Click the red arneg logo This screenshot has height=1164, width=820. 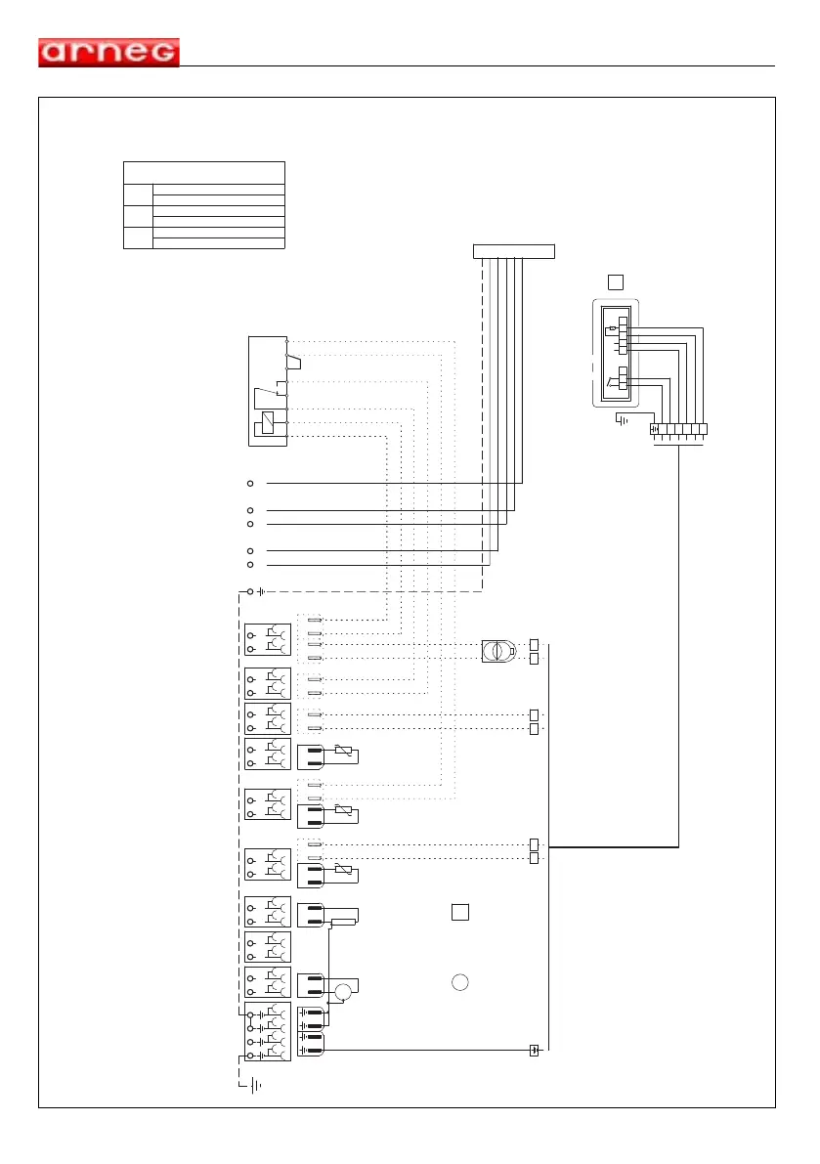108,52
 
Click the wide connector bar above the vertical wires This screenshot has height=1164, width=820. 514,251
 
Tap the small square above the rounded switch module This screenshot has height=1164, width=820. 615,282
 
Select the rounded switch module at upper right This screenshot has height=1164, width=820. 616,354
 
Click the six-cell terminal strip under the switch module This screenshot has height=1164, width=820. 678,428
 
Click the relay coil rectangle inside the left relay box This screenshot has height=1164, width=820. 266,424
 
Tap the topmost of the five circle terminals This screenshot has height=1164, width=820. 251,483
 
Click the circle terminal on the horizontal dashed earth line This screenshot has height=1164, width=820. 251,591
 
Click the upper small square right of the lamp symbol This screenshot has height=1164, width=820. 535,644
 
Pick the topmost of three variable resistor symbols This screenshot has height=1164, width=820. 343,750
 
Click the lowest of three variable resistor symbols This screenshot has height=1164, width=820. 343,869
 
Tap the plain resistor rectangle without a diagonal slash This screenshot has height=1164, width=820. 344,922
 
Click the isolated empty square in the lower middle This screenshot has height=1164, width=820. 461,912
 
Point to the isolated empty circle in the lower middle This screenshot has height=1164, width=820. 461,982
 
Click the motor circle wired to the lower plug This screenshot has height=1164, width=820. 343,993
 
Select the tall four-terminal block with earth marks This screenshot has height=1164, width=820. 267,1031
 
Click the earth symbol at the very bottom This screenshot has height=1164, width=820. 254,1084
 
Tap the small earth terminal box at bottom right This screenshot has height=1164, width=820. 534,1051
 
